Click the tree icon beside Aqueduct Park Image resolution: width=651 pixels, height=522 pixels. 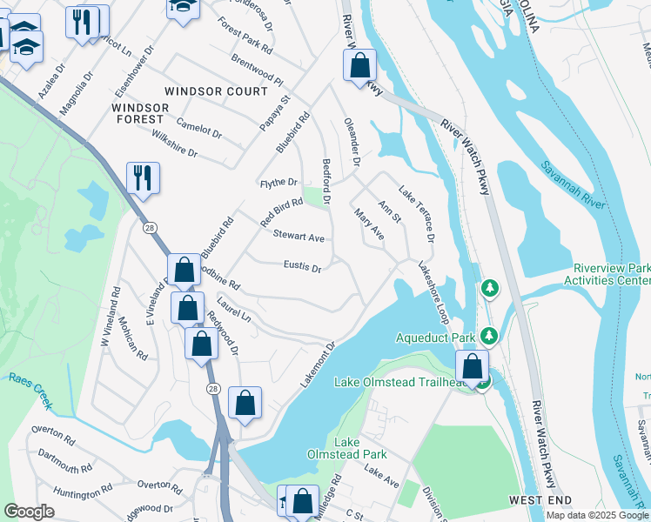(x=490, y=335)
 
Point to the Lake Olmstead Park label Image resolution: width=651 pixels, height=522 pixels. (x=346, y=448)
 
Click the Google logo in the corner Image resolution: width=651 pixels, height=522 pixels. (x=29, y=511)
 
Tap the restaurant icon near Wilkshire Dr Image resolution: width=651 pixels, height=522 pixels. (x=143, y=177)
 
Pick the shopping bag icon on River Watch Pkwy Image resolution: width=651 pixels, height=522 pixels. (x=359, y=65)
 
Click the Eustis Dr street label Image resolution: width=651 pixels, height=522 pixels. (x=302, y=267)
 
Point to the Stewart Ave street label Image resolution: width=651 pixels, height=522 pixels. (x=299, y=237)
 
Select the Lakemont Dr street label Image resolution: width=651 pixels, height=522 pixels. (x=318, y=365)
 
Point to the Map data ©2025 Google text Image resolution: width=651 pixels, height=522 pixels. (x=596, y=515)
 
